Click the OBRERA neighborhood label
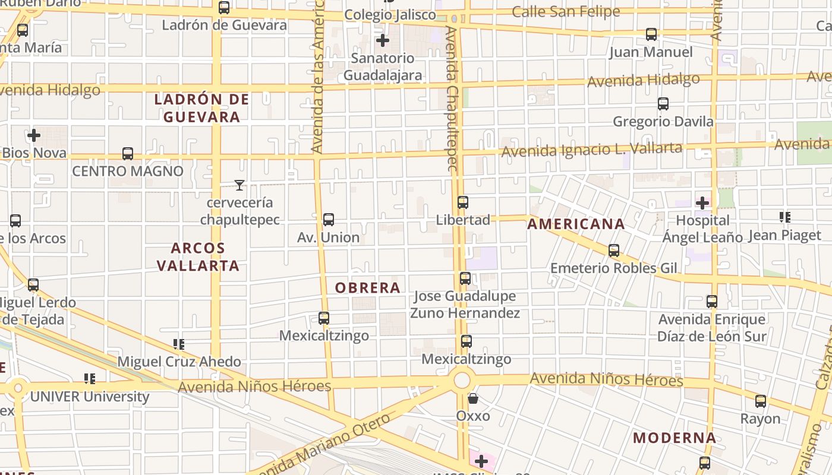coord(367,288)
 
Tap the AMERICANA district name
coord(576,224)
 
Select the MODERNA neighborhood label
coord(674,438)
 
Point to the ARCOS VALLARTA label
coord(198,256)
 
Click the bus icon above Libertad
coord(463,202)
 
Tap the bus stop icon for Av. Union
coord(329,220)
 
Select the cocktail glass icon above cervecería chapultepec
coord(239,185)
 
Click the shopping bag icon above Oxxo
coord(473,398)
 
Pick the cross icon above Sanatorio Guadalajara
coord(383,40)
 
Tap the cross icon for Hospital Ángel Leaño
coord(702,203)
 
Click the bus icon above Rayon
coord(761,401)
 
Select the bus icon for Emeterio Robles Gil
coord(614,251)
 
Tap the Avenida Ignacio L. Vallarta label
coord(591,149)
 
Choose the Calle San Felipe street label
coord(565,11)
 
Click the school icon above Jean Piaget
coord(784,217)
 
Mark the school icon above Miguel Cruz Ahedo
coord(178,344)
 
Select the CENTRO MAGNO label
coord(128,171)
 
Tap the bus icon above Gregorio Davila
coord(663,104)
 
